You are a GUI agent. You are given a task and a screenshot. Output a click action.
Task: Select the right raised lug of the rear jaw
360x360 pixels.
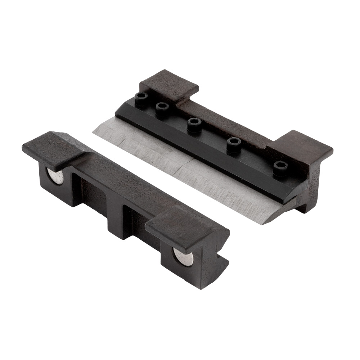tap(301, 147)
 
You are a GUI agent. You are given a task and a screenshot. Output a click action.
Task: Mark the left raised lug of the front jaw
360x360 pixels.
tap(54, 148)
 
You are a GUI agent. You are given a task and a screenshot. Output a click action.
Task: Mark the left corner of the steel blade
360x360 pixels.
tap(94, 132)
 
